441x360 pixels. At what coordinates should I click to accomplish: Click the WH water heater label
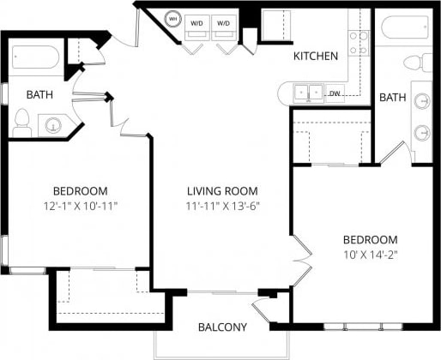pos(172,19)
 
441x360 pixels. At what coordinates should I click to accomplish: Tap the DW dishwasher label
pos(335,93)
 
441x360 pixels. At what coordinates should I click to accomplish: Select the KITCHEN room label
pos(316,56)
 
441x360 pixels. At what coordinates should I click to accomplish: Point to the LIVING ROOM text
pos(223,191)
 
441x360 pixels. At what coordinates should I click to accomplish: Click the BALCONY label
pos(222,327)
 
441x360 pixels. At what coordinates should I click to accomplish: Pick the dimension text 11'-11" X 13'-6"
pos(223,206)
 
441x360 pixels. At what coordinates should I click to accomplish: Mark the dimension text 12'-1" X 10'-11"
pos(80,206)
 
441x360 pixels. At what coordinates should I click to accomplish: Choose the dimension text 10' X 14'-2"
pos(370,254)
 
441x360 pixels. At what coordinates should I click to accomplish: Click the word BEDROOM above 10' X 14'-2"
pos(370,239)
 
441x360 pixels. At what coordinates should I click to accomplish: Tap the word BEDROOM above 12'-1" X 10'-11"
pos(80,191)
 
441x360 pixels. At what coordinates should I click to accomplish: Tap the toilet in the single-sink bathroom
pos(22,122)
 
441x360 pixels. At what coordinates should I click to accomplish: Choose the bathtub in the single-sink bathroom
pos(34,61)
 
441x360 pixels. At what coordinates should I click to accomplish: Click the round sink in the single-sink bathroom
pos(54,125)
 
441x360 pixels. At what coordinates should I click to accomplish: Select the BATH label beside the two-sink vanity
pos(392,98)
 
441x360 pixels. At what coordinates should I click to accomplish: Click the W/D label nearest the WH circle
pos(197,22)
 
